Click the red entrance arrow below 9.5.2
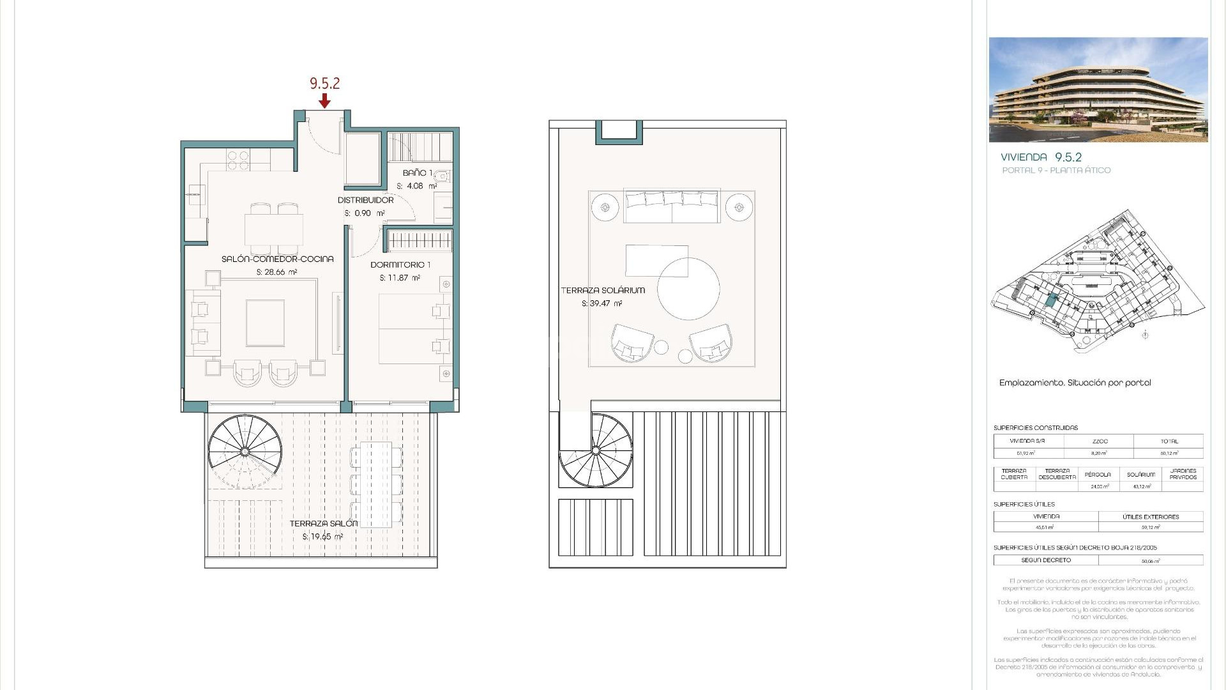[x=324, y=100]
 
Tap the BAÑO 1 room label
[x=418, y=173]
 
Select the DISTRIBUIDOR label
[x=365, y=200]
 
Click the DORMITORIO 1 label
[x=400, y=264]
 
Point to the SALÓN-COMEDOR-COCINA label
[x=277, y=259]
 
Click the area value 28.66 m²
[x=276, y=272]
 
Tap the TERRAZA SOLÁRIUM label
[x=603, y=290]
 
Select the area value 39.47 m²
[x=602, y=304]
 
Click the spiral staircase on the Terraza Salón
[x=245, y=451]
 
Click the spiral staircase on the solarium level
[x=595, y=451]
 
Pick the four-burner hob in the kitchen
[x=238, y=160]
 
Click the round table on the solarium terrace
[x=688, y=289]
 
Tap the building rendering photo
[x=1098, y=89]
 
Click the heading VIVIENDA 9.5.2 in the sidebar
[x=1041, y=157]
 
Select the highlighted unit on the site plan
[x=1051, y=300]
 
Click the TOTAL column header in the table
[x=1169, y=441]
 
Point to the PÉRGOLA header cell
[x=1098, y=475]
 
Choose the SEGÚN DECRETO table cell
[x=1045, y=560]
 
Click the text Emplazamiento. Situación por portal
[x=1075, y=383]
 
